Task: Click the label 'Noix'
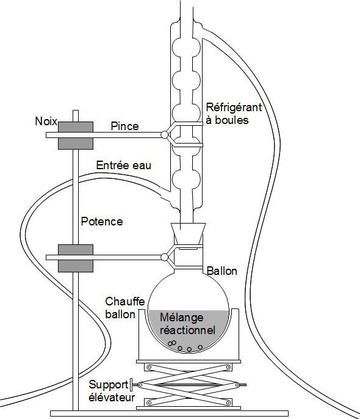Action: [46, 122]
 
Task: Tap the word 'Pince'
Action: [124, 126]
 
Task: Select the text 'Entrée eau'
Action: [123, 165]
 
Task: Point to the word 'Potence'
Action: [102, 221]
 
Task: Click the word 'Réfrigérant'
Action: [234, 107]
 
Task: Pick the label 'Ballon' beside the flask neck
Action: [221, 271]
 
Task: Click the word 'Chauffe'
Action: [125, 302]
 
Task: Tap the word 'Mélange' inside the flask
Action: [182, 318]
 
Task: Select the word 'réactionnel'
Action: [187, 330]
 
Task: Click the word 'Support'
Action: [109, 385]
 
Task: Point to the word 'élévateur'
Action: [112, 398]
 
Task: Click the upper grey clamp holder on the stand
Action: [76, 136]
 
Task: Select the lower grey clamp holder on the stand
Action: [76, 258]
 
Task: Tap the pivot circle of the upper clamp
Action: [165, 134]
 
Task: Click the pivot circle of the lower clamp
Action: [165, 257]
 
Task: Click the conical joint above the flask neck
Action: [188, 233]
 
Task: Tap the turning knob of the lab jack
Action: [131, 385]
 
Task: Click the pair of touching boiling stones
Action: [172, 343]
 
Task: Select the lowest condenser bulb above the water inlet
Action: [186, 180]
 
